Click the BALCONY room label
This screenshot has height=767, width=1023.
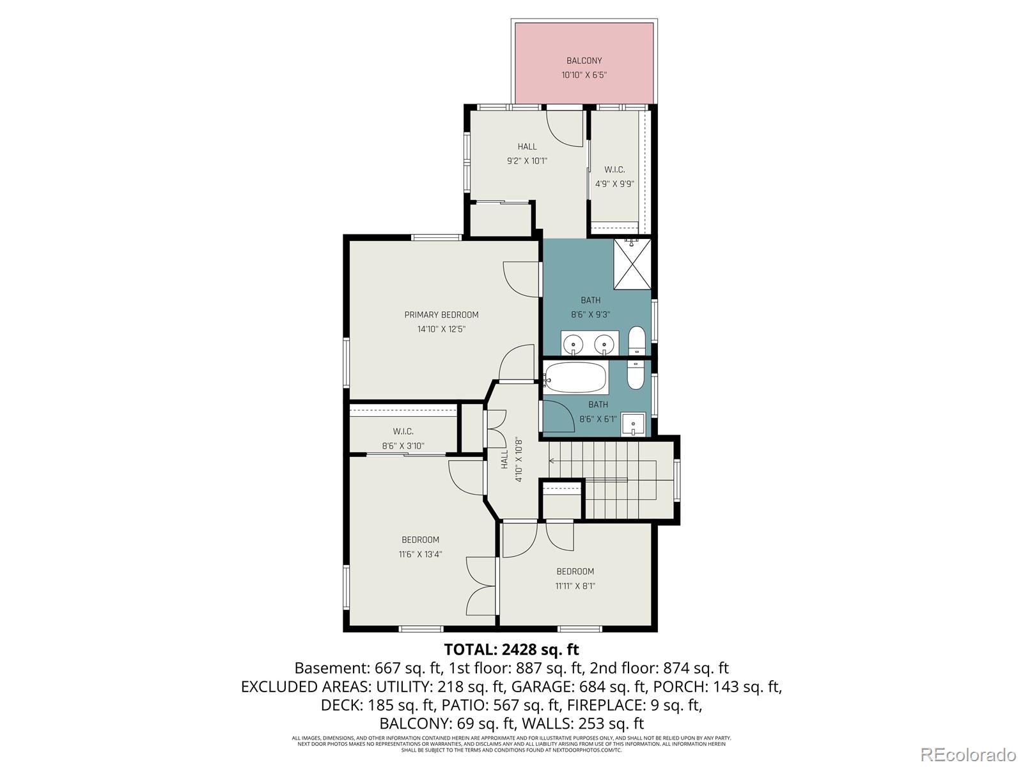[584, 61]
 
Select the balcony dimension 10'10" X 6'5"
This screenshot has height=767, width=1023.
[584, 75]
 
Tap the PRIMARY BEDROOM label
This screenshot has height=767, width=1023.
[441, 314]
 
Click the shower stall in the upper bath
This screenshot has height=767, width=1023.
[632, 264]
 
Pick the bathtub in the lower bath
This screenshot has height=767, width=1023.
[575, 378]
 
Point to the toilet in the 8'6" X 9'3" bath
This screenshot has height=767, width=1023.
[637, 341]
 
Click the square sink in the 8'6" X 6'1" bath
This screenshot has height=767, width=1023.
[633, 424]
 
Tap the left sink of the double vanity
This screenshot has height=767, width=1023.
[573, 345]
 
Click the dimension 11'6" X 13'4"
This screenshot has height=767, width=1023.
[420, 554]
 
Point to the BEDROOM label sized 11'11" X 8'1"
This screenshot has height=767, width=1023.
[575, 571]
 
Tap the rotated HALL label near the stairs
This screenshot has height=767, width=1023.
[504, 459]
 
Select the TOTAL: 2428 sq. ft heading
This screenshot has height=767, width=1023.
[511, 649]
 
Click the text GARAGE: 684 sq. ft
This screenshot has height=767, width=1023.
[612, 686]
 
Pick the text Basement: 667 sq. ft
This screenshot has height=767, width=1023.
[368, 668]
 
